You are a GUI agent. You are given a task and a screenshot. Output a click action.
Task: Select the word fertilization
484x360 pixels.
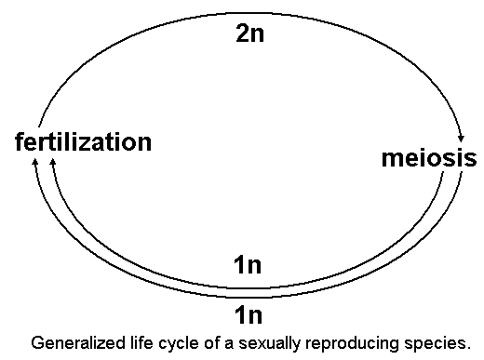[x=83, y=142]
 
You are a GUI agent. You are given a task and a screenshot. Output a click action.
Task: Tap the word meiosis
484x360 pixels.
[x=429, y=157]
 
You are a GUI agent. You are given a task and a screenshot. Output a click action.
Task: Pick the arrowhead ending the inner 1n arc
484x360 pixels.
[x=53, y=164]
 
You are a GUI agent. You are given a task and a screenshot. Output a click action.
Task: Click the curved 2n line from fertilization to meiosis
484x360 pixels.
[x=140, y=37]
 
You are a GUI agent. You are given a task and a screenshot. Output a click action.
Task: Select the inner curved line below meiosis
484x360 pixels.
[x=372, y=251]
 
